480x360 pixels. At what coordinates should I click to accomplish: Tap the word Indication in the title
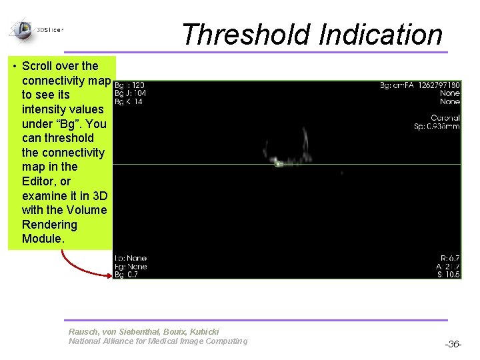pyautogui.click(x=380, y=35)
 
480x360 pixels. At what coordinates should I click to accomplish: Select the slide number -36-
pyautogui.click(x=453, y=344)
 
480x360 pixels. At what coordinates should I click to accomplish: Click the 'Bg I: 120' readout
pyautogui.click(x=130, y=85)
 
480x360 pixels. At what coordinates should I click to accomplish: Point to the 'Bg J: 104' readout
pyautogui.click(x=131, y=93)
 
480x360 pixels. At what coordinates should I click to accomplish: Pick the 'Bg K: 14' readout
pyautogui.click(x=129, y=101)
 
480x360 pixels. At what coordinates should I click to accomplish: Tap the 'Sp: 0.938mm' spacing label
pyautogui.click(x=437, y=126)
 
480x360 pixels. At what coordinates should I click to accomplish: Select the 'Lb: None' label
pyautogui.click(x=131, y=258)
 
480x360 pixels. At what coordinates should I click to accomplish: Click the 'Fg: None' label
pyautogui.click(x=131, y=267)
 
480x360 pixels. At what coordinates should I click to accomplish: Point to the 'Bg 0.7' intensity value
pyautogui.click(x=127, y=275)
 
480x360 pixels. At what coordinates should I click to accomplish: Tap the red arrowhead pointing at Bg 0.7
pyautogui.click(x=109, y=273)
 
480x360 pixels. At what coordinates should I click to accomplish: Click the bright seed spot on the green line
pyautogui.click(x=279, y=163)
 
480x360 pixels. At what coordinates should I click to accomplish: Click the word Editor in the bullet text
pyautogui.click(x=37, y=181)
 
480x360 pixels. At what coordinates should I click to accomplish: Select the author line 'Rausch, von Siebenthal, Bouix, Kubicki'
pyautogui.click(x=143, y=331)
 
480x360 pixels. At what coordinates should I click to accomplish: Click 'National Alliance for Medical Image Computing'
pyautogui.click(x=157, y=341)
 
